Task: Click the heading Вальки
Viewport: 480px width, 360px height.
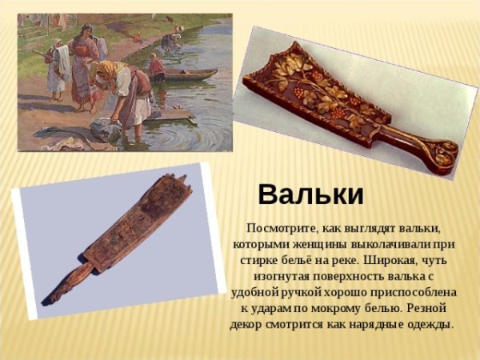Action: [311, 194]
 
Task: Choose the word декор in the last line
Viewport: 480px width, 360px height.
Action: [247, 324]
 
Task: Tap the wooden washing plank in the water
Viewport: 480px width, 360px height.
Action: [172, 115]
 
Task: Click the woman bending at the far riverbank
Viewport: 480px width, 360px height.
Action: [170, 41]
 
